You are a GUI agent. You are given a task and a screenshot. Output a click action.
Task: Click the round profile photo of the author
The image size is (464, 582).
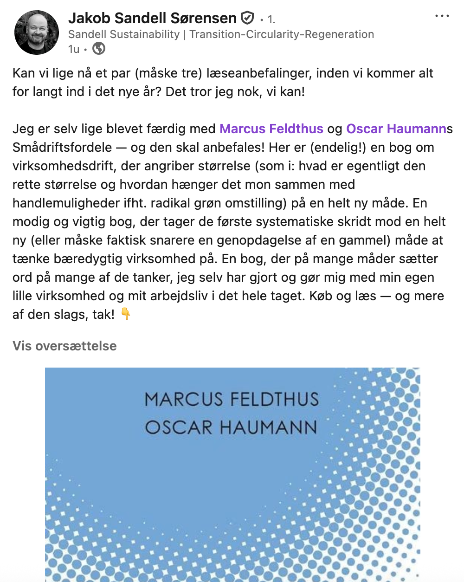[x=37, y=32]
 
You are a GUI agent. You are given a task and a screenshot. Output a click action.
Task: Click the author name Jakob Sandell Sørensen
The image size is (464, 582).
[x=152, y=18]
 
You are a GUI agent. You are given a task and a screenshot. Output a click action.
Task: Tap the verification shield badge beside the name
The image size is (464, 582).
[x=247, y=18]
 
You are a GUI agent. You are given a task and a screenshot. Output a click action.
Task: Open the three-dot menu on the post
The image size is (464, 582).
[x=442, y=16]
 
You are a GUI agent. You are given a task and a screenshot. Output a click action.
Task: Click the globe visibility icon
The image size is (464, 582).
[x=99, y=48]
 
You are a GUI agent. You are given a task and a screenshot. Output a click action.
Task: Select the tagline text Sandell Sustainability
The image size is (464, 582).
[x=123, y=34]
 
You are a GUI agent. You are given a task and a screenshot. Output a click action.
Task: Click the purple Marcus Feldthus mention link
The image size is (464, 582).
[x=271, y=129]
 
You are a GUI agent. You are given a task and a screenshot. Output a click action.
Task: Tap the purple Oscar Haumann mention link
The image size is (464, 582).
[x=396, y=129]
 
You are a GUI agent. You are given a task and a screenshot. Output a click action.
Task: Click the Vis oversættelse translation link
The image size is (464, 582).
[x=64, y=346]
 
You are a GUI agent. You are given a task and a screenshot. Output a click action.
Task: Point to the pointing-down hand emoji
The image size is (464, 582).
[x=126, y=314]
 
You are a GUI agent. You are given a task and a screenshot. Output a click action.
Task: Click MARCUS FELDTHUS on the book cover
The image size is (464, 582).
[x=232, y=400]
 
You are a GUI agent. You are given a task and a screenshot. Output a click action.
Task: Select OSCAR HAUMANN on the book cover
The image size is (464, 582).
[x=231, y=427]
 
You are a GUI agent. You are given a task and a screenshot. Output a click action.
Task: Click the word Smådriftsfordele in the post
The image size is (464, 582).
[x=62, y=147]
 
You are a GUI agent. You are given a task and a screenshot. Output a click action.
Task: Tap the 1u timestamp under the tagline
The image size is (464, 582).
[x=73, y=49]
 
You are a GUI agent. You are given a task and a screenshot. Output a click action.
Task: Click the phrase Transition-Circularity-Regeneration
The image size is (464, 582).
[x=282, y=34]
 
